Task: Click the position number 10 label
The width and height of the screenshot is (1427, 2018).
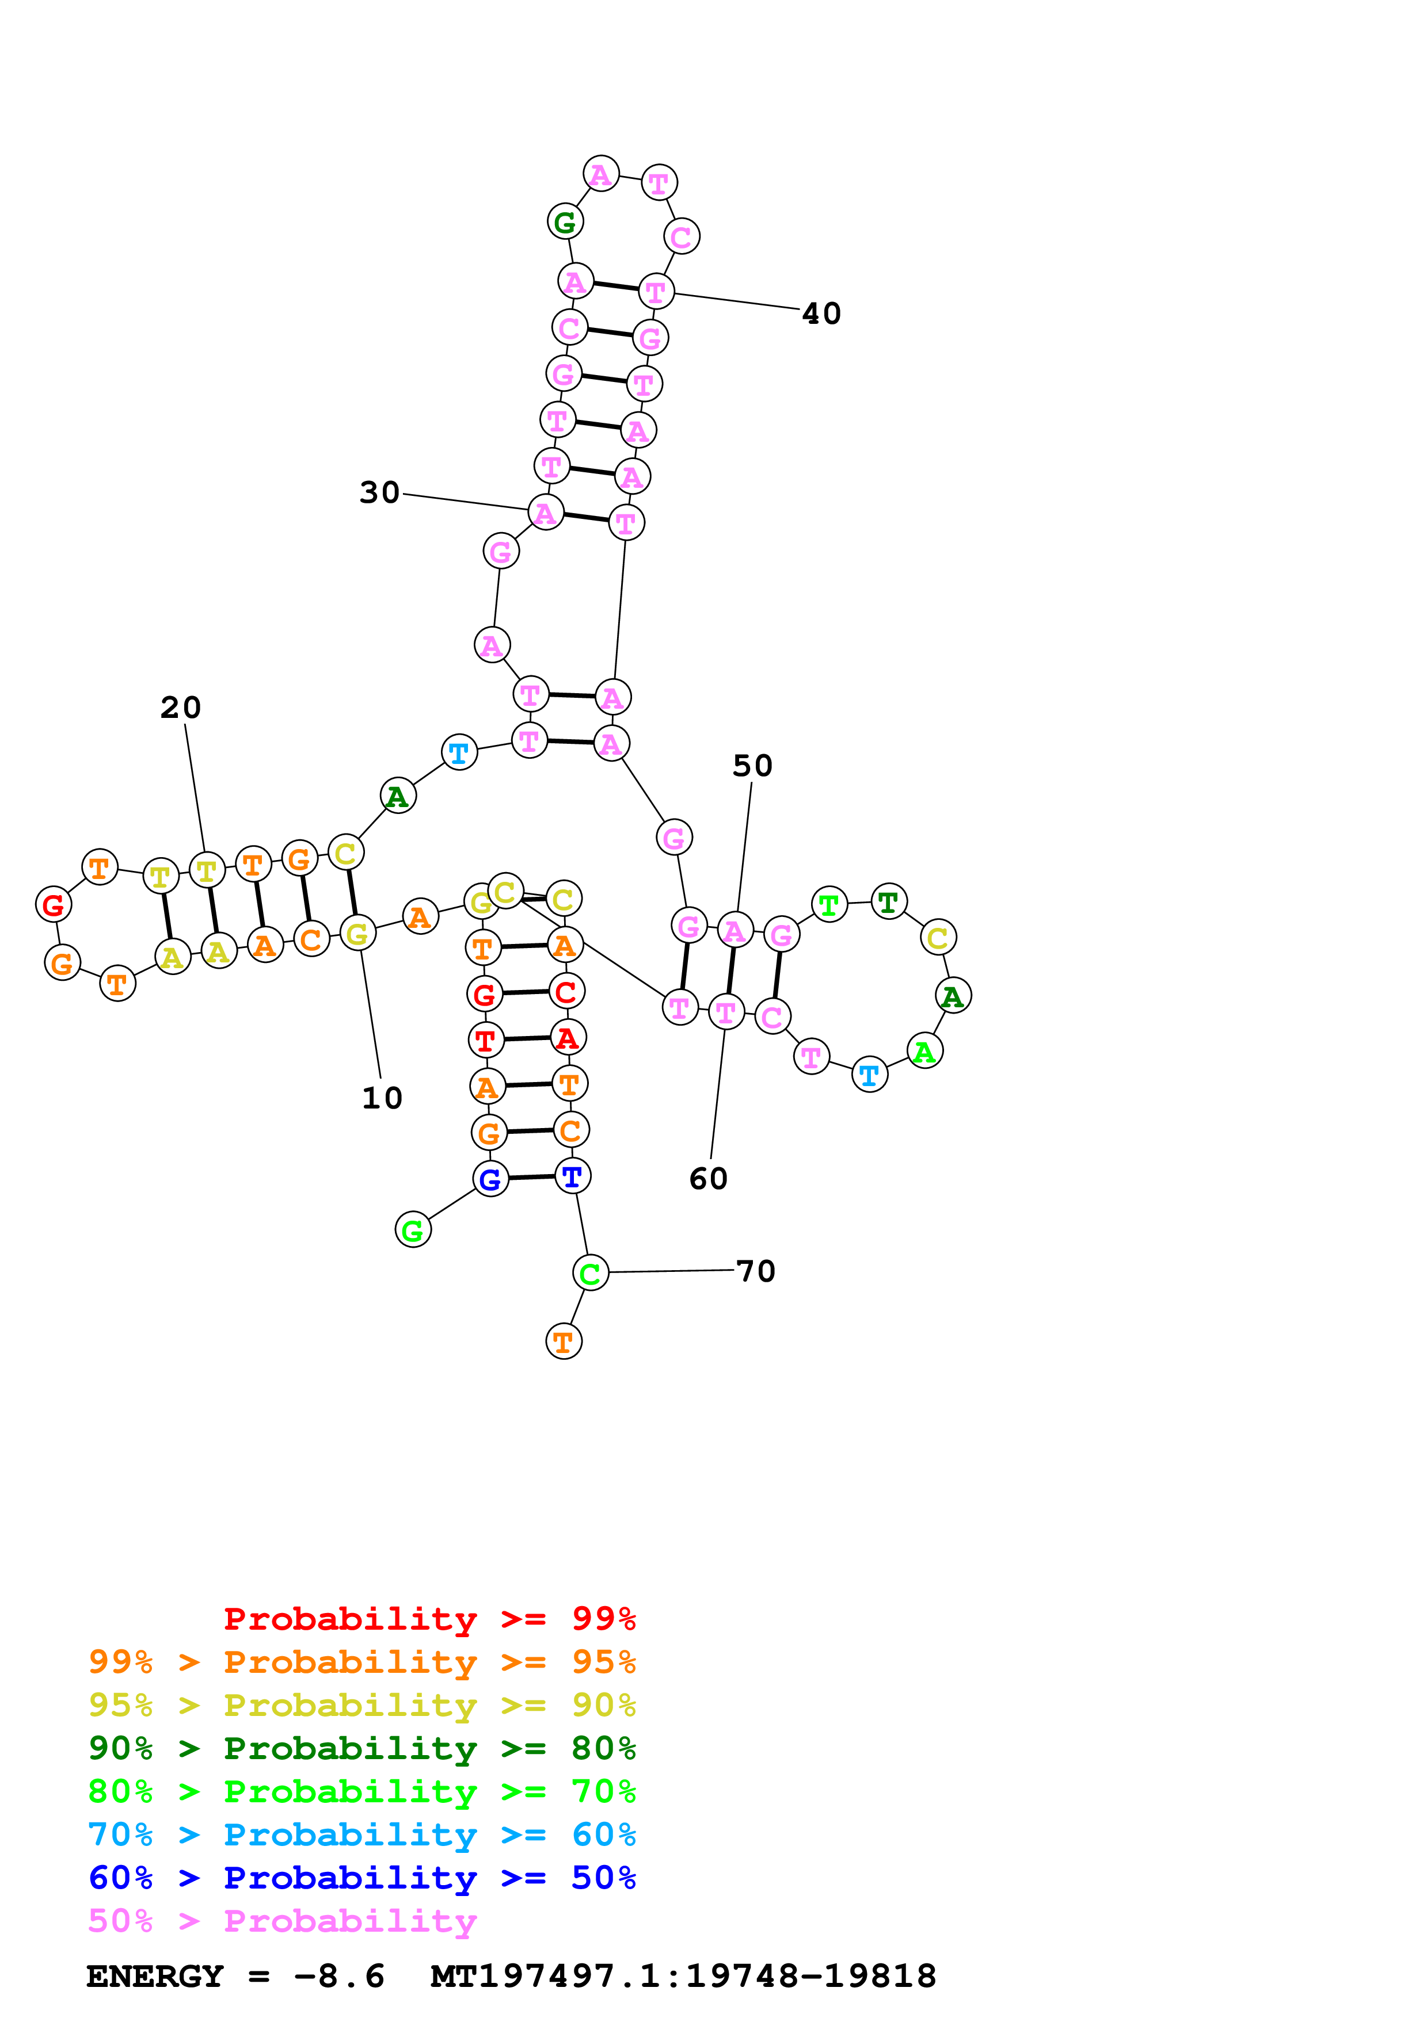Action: tap(382, 1098)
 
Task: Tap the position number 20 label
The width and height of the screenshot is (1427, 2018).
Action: tap(180, 708)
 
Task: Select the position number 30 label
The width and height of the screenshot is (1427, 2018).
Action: tap(380, 492)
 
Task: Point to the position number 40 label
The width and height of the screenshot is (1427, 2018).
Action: tap(821, 314)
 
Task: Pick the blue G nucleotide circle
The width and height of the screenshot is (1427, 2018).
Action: tap(490, 1179)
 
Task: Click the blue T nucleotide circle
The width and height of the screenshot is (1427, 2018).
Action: tap(572, 1176)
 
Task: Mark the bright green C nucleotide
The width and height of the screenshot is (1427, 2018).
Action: tap(590, 1272)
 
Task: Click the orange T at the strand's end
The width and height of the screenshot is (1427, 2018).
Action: tap(564, 1342)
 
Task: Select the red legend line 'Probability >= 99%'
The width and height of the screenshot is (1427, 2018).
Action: tap(429, 1619)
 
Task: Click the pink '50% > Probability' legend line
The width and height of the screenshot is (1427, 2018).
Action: tap(282, 1921)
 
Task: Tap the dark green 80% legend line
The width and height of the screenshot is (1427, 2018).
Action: tap(361, 1748)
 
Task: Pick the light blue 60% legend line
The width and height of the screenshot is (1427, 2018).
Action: tap(361, 1834)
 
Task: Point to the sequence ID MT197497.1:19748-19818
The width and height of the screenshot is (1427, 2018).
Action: tap(683, 1977)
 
